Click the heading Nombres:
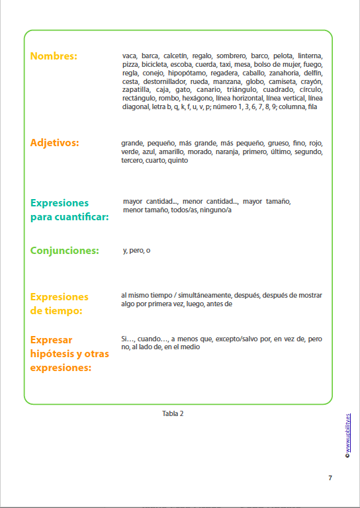pyautogui.click(x=54, y=56)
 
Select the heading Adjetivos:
pyautogui.click(x=55, y=143)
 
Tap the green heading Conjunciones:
pyautogui.click(x=65, y=251)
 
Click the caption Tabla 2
pyautogui.click(x=173, y=413)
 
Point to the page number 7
pyautogui.click(x=330, y=478)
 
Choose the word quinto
pyautogui.click(x=178, y=160)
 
